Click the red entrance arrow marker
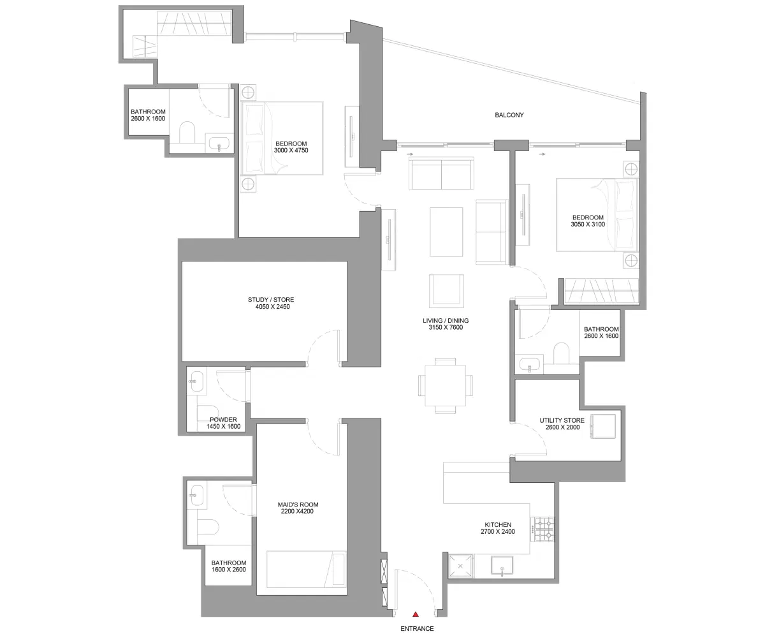[415, 614]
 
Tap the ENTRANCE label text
[417, 628]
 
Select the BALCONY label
[509, 115]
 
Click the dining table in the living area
[446, 385]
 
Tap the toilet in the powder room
[208, 412]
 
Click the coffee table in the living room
[446, 232]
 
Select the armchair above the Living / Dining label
[446, 290]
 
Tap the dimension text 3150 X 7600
[446, 328]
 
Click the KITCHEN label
[497, 524]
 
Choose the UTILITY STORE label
[562, 420]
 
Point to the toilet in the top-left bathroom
[187, 133]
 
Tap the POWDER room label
[223, 420]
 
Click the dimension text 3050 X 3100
[587, 225]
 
